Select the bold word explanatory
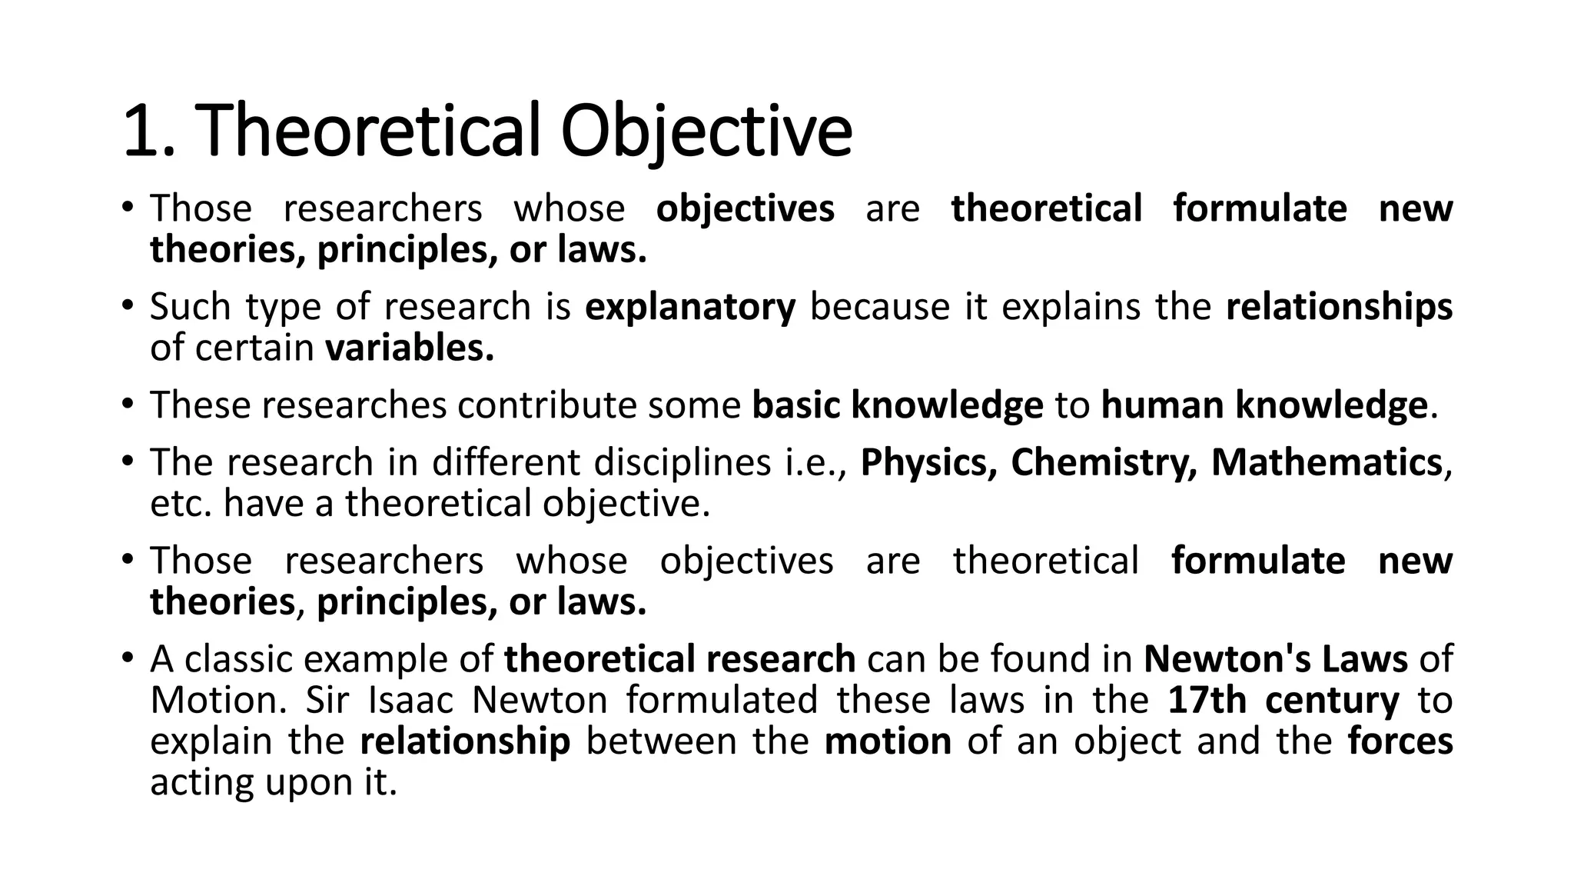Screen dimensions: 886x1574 690,307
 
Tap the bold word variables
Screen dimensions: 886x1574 410,348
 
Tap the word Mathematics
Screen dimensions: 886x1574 1326,463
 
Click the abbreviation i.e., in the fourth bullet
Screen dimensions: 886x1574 815,463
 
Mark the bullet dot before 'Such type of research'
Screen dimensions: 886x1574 127,305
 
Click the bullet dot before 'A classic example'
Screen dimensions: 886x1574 127,658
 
